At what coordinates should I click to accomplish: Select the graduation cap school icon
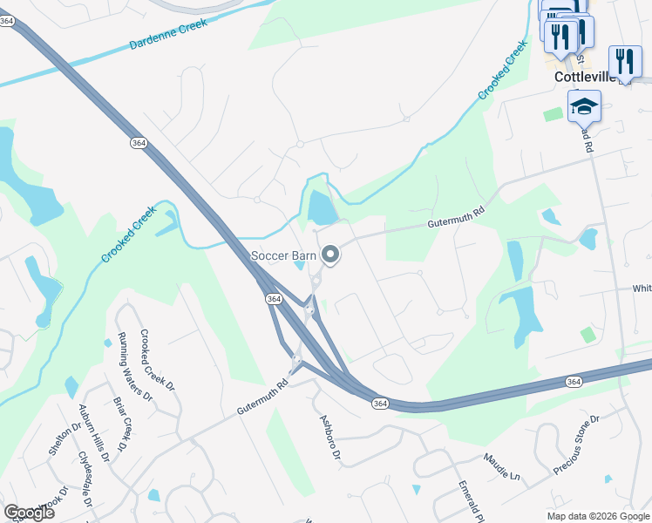585,109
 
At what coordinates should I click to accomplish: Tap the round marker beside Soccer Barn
330,255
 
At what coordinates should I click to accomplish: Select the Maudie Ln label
501,467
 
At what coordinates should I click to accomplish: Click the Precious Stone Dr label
576,445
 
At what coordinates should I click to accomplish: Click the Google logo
29,513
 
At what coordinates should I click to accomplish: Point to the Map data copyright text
598,516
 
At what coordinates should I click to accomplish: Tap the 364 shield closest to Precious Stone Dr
573,382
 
